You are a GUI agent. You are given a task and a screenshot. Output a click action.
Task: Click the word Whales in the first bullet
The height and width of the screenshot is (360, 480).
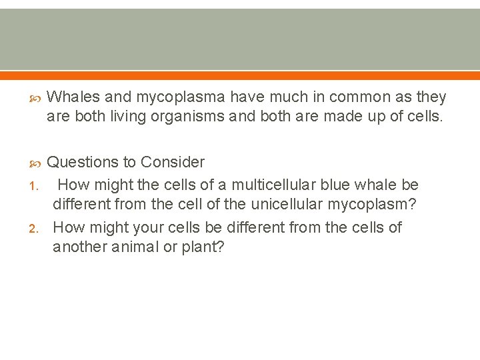[71, 97]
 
